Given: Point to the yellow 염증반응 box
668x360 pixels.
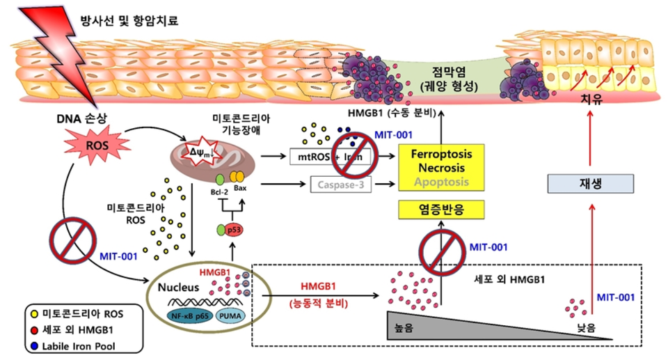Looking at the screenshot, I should (x=440, y=209).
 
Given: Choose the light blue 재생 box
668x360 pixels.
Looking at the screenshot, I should (x=591, y=183).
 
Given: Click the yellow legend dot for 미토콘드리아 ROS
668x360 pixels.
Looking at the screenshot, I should (x=33, y=311).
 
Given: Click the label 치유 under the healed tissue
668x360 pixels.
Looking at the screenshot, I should (x=591, y=100).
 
